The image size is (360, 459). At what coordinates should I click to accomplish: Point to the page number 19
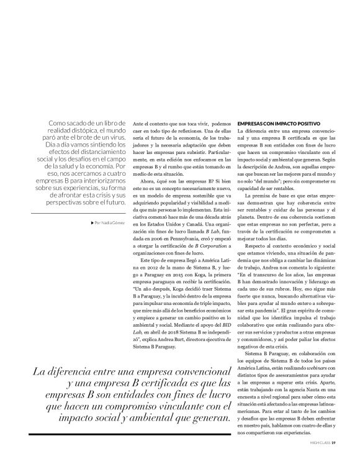point(334,443)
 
